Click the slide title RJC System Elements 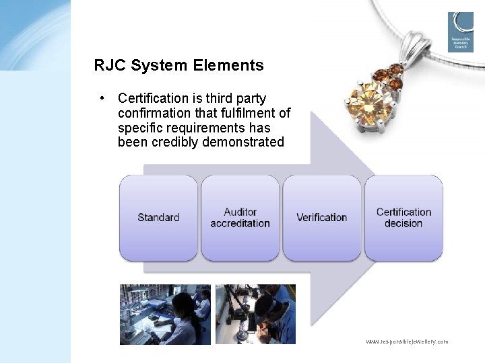(179, 65)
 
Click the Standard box (158, 218)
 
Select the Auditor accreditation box (240, 218)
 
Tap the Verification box (321, 218)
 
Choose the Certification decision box (403, 218)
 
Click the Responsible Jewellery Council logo (460, 32)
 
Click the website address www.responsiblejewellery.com (406, 341)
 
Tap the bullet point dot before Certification (101, 98)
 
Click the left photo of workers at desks (165, 314)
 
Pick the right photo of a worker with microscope (255, 314)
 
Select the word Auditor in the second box (240, 212)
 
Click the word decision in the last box (403, 223)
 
